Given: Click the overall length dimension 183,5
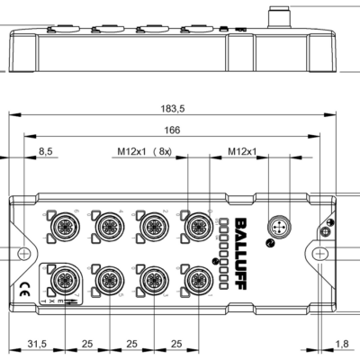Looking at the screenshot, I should [167, 109].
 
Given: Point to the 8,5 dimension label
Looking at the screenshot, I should [46, 152].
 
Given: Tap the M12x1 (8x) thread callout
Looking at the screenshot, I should [144, 152].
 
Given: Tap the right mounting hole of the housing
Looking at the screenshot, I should [321, 254].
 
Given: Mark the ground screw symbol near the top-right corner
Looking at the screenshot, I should [330, 222].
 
